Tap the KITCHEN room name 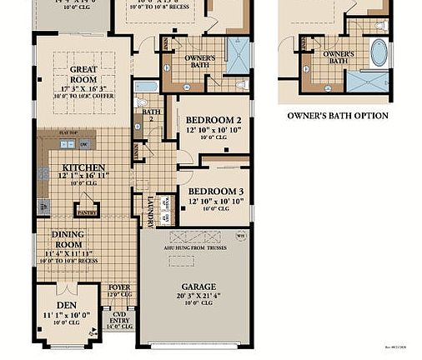[x=83, y=167]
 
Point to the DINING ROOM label [x=68, y=240]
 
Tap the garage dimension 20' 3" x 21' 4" [x=193, y=272]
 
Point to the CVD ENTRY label [x=121, y=317]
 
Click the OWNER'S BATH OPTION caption [x=338, y=116]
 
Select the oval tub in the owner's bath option [x=379, y=53]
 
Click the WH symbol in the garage [x=241, y=237]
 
